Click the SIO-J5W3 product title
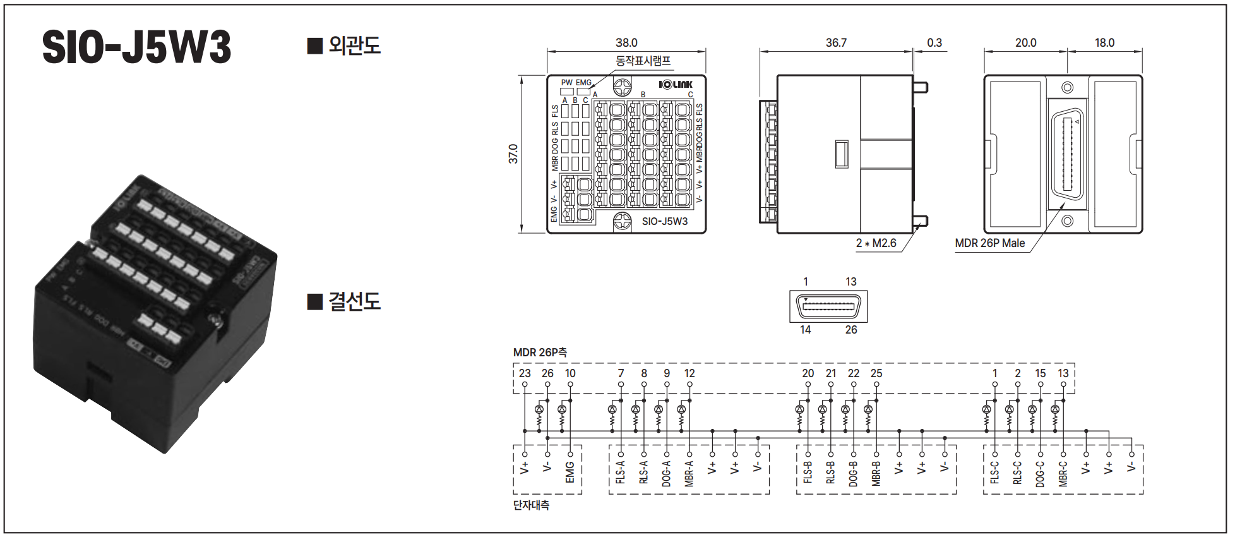click(136, 47)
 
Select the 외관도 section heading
click(345, 45)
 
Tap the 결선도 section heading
click(345, 301)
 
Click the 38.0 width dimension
click(626, 43)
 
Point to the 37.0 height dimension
click(513, 154)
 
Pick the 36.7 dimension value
click(836, 43)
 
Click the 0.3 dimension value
click(934, 43)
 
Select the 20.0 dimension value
click(1025, 43)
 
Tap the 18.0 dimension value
click(1104, 43)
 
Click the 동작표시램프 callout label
click(643, 61)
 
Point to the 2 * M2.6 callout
click(876, 243)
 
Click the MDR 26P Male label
click(989, 243)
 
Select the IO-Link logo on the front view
click(676, 85)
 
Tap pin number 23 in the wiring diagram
click(525, 373)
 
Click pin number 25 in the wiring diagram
click(876, 373)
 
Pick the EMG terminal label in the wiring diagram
click(570, 472)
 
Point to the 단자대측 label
click(531, 505)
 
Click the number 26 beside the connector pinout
click(851, 330)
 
